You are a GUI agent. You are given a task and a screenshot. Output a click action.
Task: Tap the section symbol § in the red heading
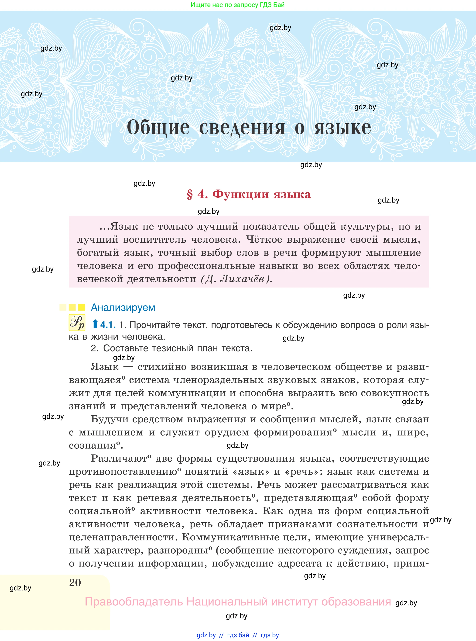(190, 195)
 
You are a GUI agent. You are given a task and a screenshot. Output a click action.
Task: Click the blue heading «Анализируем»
(123, 307)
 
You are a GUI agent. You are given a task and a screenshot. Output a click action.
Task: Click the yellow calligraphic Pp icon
(77, 323)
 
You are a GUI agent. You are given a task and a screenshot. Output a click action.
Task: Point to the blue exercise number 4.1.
(108, 325)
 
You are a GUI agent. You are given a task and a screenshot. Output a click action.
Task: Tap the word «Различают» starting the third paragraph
(119, 458)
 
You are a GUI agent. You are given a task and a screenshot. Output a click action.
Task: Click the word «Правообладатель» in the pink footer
(134, 602)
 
